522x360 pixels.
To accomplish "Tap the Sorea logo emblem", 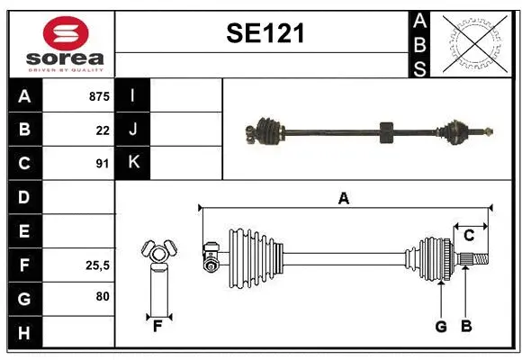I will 66,33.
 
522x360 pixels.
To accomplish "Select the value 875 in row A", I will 98,96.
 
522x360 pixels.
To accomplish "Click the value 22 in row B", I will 103,130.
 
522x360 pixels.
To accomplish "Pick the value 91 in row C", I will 103,165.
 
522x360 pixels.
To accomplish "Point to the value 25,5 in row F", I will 97,265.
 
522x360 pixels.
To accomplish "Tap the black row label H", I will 24,332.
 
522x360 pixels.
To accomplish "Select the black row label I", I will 133,96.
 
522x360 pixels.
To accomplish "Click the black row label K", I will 133,163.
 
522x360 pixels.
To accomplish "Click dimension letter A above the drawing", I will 343,199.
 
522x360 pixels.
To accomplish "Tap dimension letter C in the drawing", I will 469,235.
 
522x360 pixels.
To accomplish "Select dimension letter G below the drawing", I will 441,327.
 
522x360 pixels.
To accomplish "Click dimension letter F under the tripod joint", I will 157,326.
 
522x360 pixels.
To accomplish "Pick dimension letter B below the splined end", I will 466,327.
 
